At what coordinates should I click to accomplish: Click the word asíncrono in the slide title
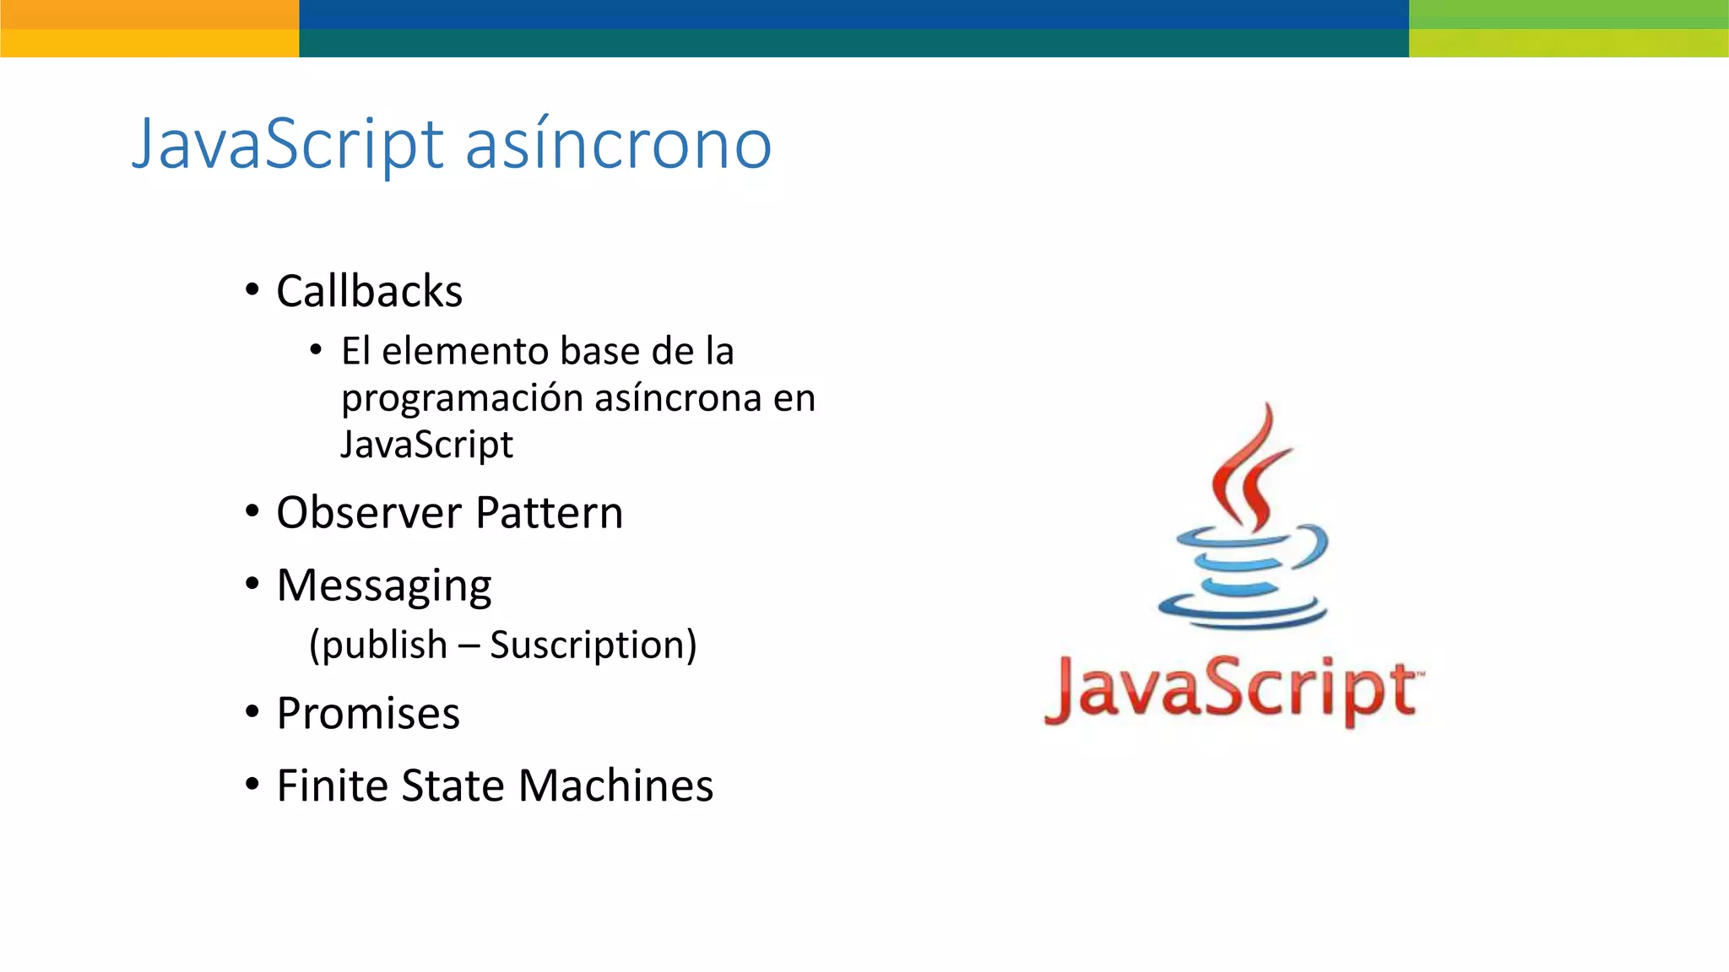point(618,144)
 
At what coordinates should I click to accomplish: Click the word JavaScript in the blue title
point(287,144)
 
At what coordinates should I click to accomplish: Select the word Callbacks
point(369,292)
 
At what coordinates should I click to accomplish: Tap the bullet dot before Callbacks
point(252,290)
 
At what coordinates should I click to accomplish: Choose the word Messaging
point(384,586)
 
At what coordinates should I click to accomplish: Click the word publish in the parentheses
point(384,645)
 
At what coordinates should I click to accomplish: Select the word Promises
point(368,714)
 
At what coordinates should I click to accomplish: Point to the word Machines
point(615,786)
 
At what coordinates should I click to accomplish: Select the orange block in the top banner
point(149,29)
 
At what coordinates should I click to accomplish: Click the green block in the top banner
point(1569,29)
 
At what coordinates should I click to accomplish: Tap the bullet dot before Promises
point(252,712)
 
